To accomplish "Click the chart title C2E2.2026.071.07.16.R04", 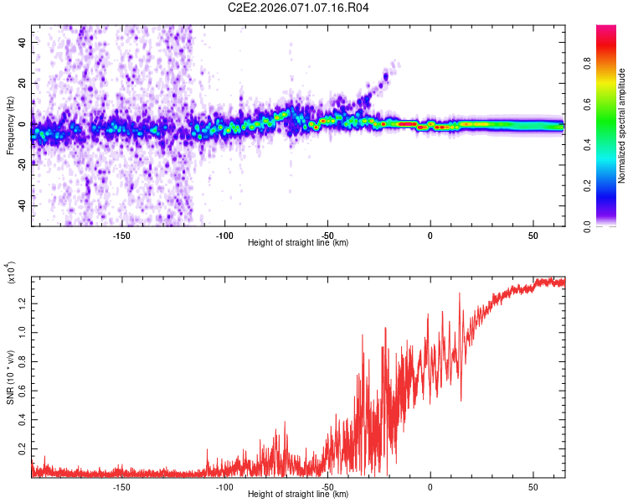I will (x=299, y=8).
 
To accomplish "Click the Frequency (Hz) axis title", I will (x=10, y=126).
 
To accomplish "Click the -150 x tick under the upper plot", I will (x=121, y=236).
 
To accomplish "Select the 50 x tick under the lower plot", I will (x=533, y=487).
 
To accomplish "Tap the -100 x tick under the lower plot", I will (x=224, y=487).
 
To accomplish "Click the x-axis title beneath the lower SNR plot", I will (x=298, y=495).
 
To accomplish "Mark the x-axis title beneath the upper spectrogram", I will (x=298, y=243).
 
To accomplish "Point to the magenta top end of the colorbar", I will (x=606, y=29).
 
